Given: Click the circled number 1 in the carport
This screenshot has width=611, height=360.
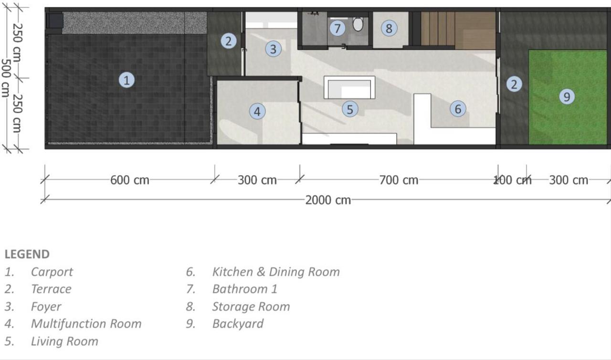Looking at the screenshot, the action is coord(126,80).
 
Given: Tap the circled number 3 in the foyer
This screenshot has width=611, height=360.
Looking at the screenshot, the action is coord(273,49).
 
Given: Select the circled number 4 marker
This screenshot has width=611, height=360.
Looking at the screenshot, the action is coord(257,111).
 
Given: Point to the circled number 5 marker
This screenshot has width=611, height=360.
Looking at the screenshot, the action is coord(350,109).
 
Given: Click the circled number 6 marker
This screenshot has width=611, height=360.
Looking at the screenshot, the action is coord(458,108).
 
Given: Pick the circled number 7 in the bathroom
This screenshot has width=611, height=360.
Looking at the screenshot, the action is coord(337,28).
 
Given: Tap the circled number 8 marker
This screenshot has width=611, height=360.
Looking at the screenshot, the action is coord(389,28).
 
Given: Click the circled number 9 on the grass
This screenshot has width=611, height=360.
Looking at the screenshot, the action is coord(567,96).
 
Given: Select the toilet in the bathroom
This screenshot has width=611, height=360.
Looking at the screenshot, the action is coord(358,24).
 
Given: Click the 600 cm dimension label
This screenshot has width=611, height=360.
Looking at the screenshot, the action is coord(129,180).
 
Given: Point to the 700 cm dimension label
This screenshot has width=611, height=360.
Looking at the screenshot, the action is coord(399,180).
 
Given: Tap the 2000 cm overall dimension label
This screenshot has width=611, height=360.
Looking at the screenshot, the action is coord(328,200).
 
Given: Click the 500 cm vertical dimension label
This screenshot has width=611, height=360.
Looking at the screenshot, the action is coord(5,78).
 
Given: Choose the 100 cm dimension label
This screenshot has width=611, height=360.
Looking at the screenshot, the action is coord(513,180).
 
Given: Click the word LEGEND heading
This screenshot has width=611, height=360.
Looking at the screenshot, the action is coord(27,254).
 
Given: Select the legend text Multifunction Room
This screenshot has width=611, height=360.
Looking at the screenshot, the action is coord(86,324).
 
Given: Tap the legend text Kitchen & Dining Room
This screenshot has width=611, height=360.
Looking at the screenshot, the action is coord(276,272).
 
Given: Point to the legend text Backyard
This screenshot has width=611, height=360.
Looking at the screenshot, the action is coord(238,324).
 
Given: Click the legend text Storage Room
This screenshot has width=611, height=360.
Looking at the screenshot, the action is coord(251,307).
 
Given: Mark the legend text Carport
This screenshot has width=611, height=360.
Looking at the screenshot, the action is coord(52,272).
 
